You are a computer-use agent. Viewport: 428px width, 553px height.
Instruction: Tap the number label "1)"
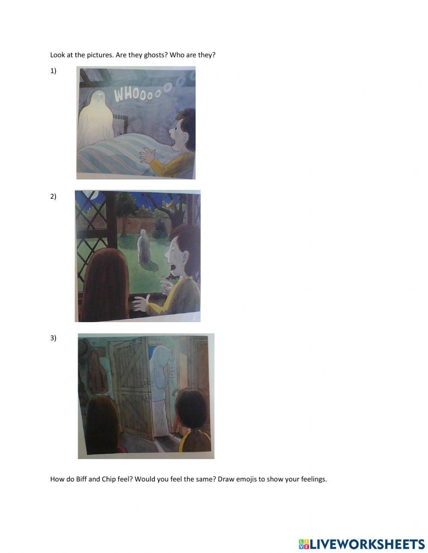tap(53, 71)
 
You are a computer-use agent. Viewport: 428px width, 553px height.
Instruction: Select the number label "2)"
tap(53, 197)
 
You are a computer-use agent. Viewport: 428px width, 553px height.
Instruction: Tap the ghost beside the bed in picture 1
tap(97, 117)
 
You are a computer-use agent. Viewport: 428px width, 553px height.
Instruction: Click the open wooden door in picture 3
tap(131, 387)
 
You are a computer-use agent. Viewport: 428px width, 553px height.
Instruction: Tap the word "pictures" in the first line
tap(100, 55)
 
